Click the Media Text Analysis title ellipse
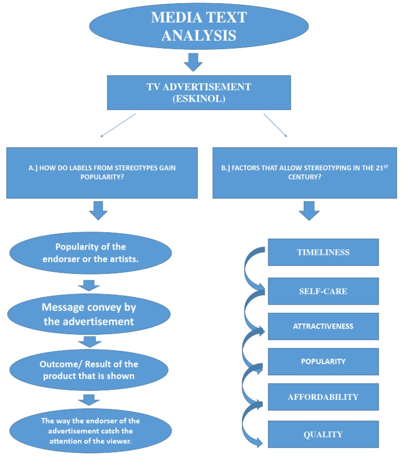click(198, 27)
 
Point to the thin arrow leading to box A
click(118, 125)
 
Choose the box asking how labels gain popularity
click(102, 173)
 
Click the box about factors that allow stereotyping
click(304, 173)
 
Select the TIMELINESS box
click(323, 252)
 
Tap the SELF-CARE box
click(323, 291)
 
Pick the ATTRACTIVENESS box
click(323, 326)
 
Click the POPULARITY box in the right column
click(323, 361)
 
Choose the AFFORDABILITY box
click(323, 397)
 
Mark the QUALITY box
click(323, 434)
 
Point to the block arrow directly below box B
click(309, 212)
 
